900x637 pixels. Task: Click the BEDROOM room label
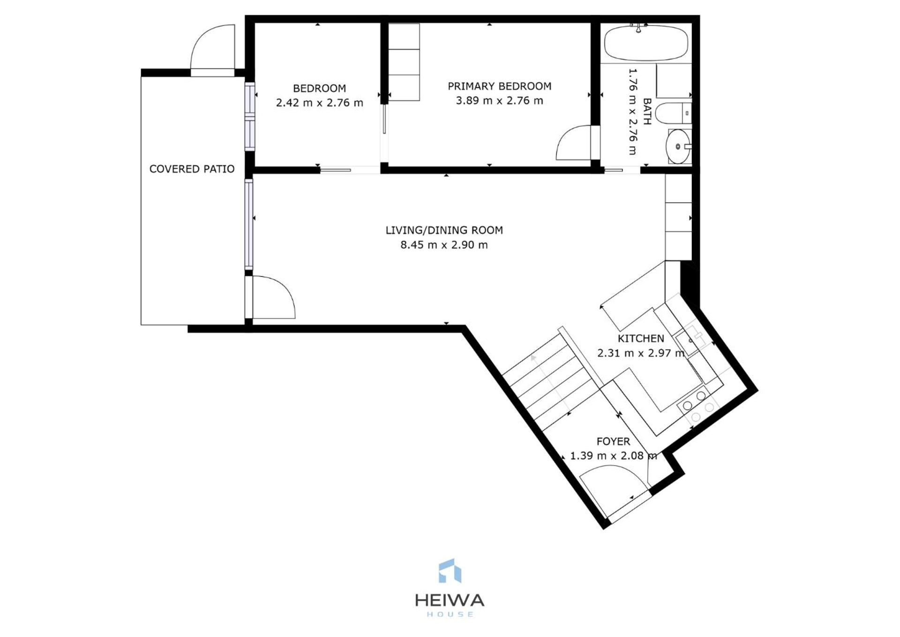point(319,88)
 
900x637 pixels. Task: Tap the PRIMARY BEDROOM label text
point(499,86)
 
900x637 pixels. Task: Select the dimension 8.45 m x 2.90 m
point(444,245)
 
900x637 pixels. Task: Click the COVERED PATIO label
point(192,169)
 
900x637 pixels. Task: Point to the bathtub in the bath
point(646,43)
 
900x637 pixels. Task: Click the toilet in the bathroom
point(671,114)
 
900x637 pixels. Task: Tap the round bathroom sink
point(678,147)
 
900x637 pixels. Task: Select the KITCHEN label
point(640,339)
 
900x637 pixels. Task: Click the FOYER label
point(613,441)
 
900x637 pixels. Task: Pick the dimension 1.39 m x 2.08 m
point(613,456)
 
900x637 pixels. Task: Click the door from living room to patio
point(272,298)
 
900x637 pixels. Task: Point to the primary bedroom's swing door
point(574,143)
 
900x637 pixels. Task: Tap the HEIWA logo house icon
point(449,571)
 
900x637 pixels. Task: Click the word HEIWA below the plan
point(449,600)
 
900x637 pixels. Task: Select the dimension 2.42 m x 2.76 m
point(319,103)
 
